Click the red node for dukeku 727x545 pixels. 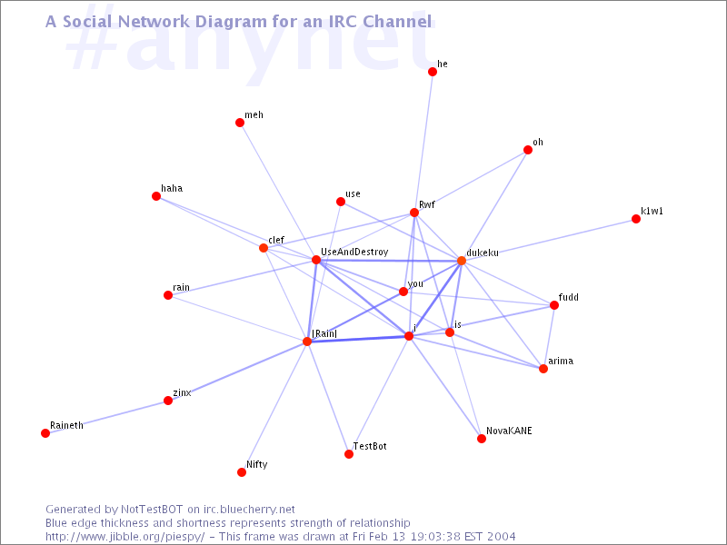coord(462,261)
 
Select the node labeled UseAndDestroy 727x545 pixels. coord(316,260)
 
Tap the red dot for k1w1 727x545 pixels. coord(636,219)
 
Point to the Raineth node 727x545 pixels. coord(45,433)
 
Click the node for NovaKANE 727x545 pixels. coord(482,439)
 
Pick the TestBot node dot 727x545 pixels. coord(349,454)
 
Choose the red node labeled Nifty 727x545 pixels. coord(242,472)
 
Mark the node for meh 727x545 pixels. coord(240,123)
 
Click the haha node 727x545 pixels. coord(156,196)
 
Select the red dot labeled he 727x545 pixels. coord(433,72)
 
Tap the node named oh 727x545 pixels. coord(528,150)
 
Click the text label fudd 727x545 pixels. coord(569,297)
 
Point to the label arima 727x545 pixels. coord(561,361)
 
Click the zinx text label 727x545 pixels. coord(183,392)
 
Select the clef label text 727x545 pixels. coord(276,240)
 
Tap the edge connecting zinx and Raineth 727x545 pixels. coord(106,417)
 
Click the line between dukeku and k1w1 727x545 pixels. coord(549,240)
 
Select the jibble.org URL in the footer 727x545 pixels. coord(125,537)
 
